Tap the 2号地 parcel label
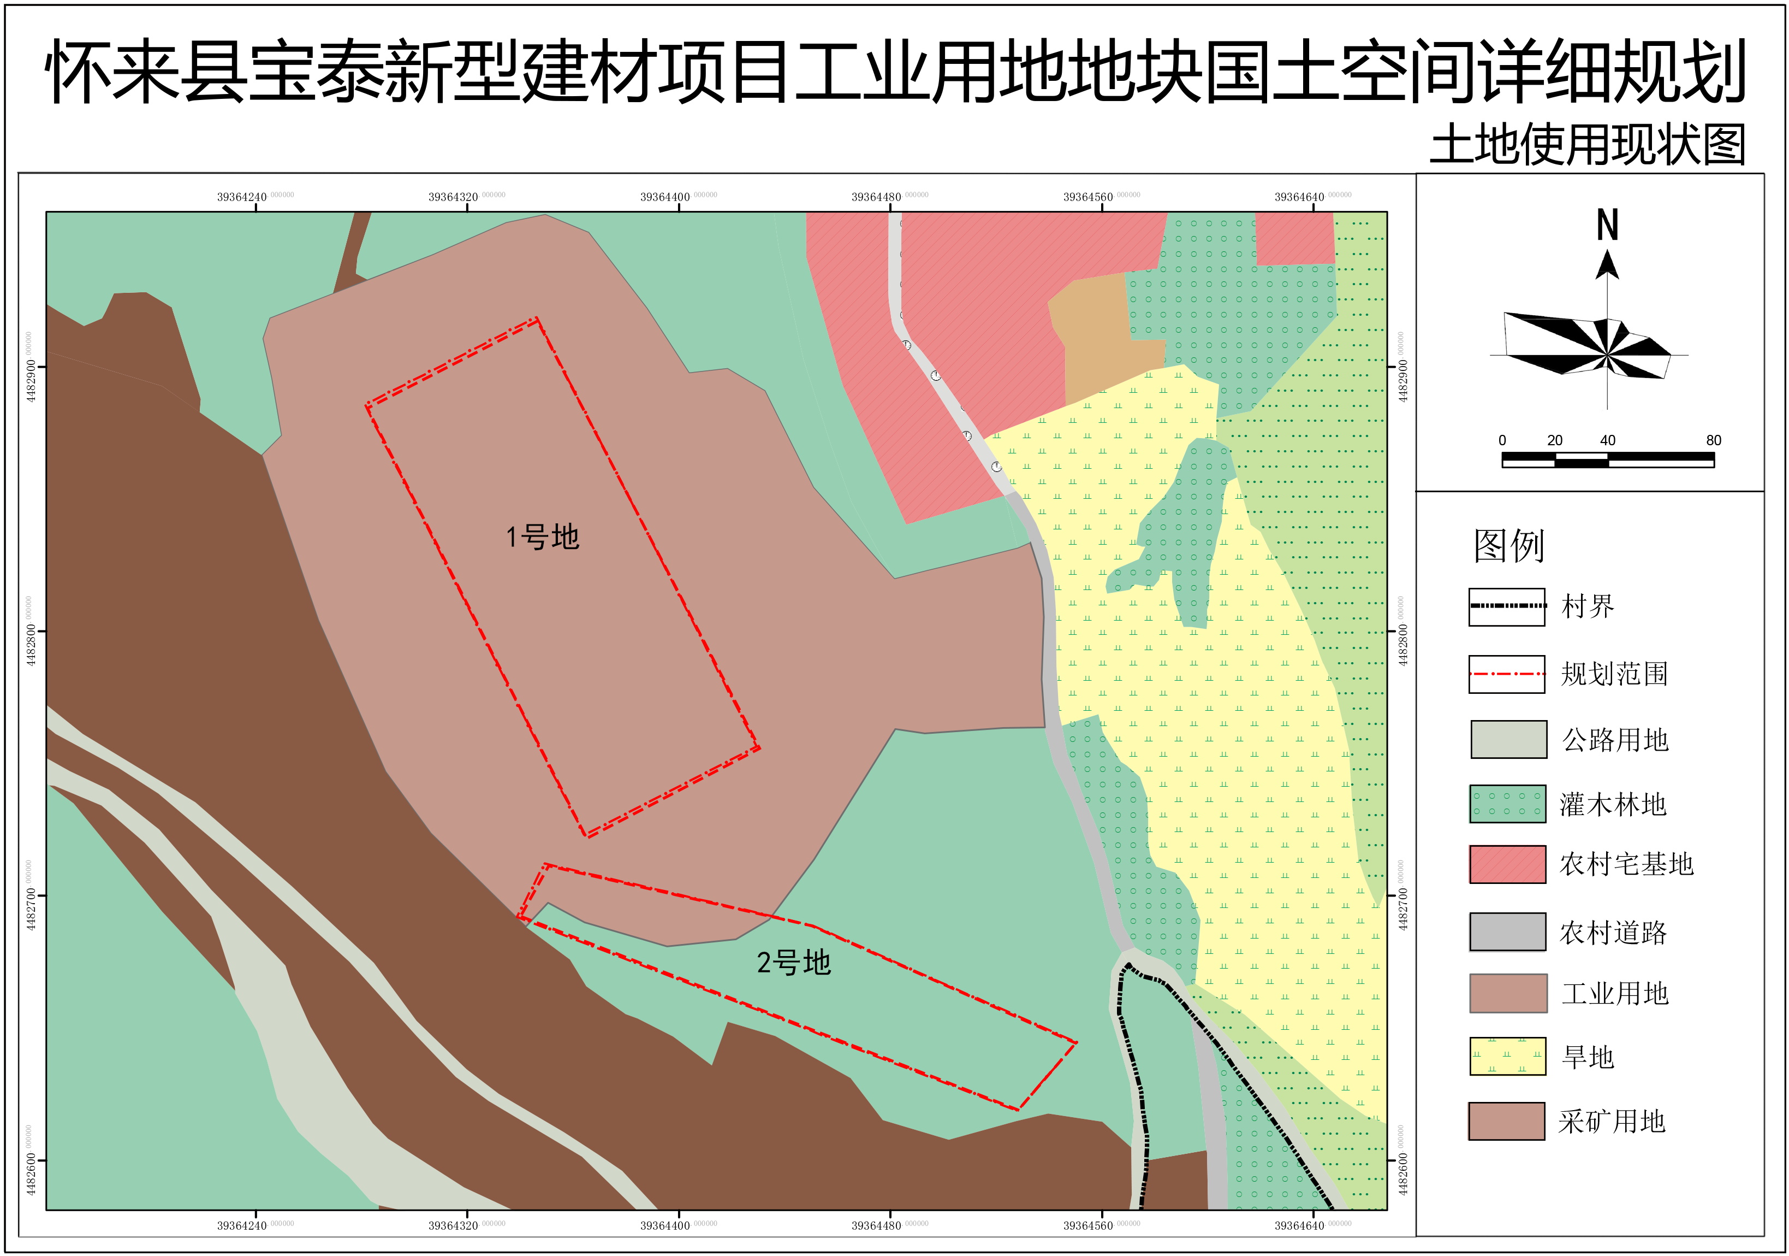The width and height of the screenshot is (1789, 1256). click(x=793, y=963)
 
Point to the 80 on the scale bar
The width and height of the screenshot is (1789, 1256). click(x=1714, y=440)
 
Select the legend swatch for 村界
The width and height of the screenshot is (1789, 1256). click(x=1507, y=606)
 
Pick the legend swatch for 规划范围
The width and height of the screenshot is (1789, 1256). click(x=1507, y=674)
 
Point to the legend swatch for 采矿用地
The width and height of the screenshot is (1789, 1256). click(x=1507, y=1121)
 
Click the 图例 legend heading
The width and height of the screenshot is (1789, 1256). click(x=1508, y=546)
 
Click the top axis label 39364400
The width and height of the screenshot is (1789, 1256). click(x=664, y=197)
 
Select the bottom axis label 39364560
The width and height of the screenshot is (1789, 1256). click(x=1087, y=1225)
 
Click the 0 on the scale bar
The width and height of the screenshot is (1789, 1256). click(x=1502, y=440)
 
